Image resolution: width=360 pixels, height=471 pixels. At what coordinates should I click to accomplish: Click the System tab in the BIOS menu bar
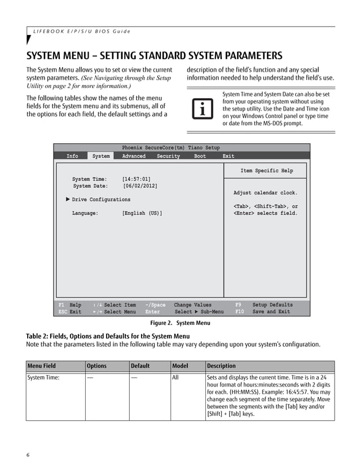(x=101, y=156)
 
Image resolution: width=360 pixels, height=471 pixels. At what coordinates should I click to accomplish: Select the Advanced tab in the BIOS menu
(x=134, y=156)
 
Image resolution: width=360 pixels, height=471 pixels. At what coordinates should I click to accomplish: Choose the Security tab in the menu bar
(x=168, y=156)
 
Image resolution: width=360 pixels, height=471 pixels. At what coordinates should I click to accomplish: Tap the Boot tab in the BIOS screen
(x=200, y=156)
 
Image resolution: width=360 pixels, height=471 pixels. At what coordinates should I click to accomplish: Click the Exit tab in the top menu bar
(x=228, y=156)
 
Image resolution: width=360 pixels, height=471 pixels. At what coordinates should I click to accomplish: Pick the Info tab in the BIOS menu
(x=72, y=156)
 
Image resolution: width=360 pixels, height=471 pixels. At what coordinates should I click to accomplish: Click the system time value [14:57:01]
(x=136, y=179)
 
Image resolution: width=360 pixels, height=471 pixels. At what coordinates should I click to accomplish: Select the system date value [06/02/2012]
(x=140, y=186)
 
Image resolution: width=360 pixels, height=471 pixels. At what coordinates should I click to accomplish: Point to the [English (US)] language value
(x=142, y=213)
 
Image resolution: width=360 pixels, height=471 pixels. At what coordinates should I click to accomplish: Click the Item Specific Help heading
(x=266, y=171)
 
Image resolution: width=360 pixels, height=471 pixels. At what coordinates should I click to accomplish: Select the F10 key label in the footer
(x=240, y=312)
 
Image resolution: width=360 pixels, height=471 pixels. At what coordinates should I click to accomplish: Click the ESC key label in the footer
(x=63, y=312)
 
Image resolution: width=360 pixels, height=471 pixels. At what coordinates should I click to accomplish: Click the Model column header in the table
(x=179, y=366)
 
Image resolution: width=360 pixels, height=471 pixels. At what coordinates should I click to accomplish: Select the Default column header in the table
(x=140, y=366)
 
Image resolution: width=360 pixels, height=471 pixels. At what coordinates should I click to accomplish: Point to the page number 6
(x=28, y=455)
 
